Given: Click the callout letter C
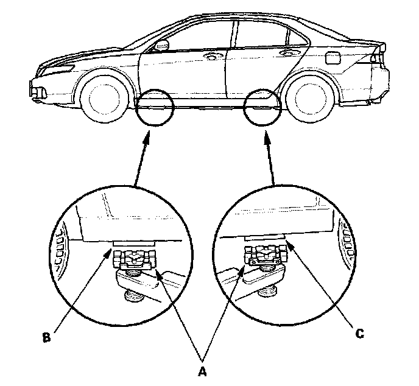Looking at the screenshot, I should pos(361,334).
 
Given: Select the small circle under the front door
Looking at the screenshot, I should pos(155,108).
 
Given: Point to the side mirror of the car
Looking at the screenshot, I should pos(163,45).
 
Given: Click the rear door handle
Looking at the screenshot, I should pos(284,54).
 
